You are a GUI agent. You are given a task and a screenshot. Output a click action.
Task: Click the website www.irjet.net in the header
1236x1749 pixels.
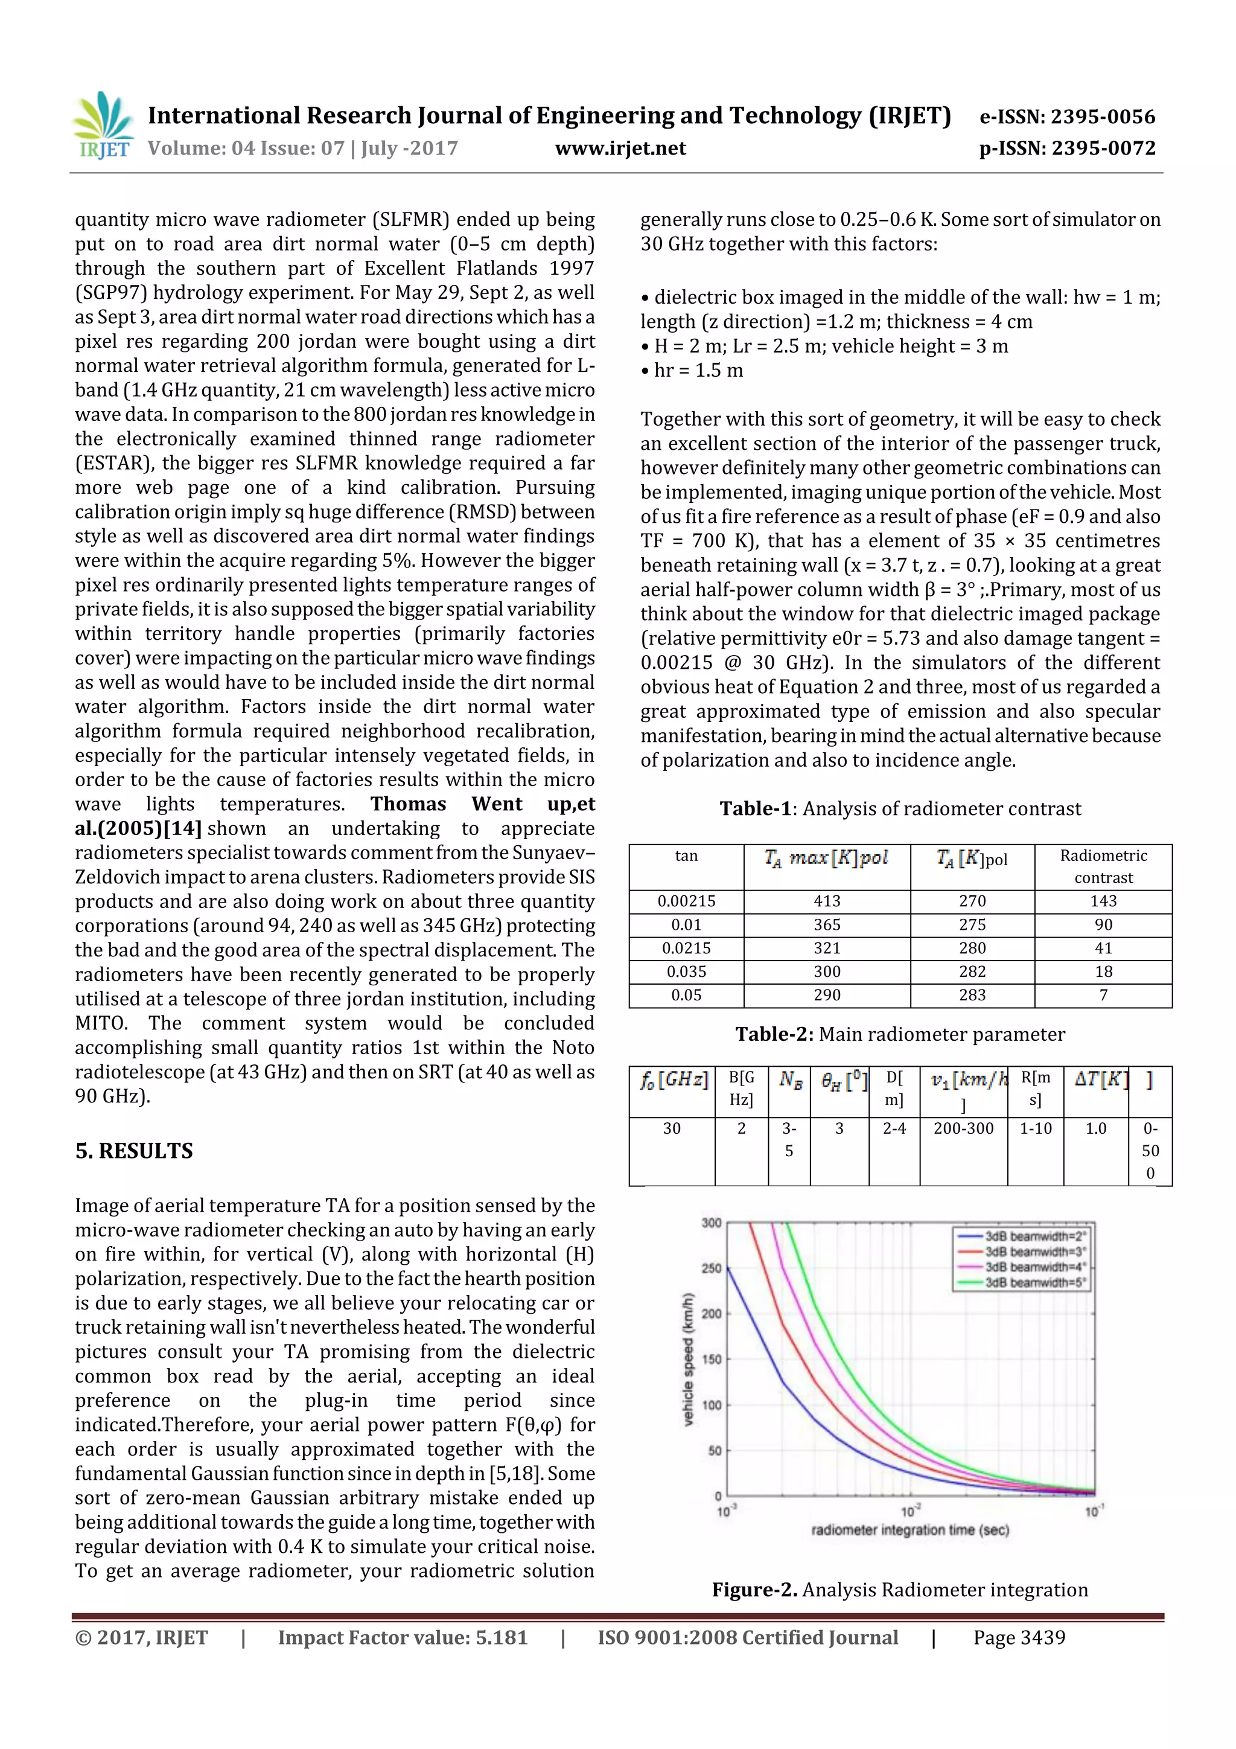[620, 148]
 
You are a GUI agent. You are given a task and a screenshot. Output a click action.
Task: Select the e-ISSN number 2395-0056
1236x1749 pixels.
[1102, 117]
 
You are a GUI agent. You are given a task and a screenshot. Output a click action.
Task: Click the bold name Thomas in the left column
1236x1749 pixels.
[408, 804]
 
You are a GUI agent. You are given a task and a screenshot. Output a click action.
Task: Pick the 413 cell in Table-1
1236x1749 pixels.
[826, 901]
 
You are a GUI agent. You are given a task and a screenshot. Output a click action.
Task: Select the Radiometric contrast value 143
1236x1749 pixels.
[1103, 901]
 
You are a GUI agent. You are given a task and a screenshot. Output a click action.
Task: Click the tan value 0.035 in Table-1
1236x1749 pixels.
[686, 971]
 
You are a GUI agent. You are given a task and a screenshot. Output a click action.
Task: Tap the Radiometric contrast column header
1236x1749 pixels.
[1103, 866]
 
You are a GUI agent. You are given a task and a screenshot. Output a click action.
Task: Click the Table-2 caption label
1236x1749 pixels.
[774, 1034]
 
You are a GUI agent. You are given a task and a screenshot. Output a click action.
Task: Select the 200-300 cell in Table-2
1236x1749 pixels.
[963, 1128]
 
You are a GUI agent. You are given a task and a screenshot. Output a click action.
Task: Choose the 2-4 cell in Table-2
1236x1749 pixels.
[894, 1128]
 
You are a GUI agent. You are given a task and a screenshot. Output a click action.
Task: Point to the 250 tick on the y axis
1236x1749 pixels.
[712, 1268]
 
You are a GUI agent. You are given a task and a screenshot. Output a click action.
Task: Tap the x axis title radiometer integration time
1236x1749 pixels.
[910, 1530]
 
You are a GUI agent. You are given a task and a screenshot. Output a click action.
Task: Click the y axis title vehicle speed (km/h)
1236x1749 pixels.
[689, 1359]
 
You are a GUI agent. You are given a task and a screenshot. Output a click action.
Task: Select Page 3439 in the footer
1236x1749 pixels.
[1019, 1638]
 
